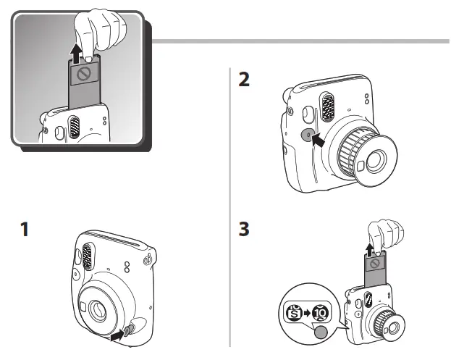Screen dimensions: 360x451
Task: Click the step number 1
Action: point(25,231)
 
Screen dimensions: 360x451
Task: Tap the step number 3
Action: point(245,231)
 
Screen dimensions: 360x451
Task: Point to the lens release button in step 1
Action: point(129,330)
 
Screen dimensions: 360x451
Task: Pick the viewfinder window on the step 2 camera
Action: point(305,114)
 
